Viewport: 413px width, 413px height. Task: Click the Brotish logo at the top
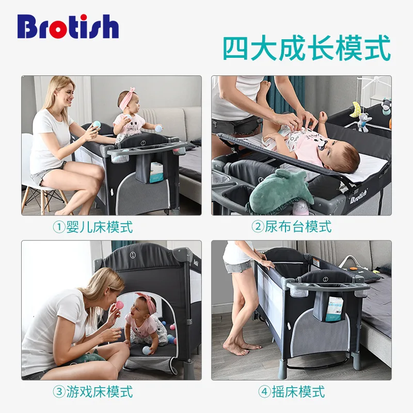pos(68,26)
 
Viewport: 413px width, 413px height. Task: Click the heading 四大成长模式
pos(306,49)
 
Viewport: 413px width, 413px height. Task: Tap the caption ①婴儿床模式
pos(93,227)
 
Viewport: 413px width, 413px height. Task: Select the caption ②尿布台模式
pos(291,227)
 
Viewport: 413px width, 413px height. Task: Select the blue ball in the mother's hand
pos(96,124)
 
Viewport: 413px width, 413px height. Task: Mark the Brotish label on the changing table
pos(360,199)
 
